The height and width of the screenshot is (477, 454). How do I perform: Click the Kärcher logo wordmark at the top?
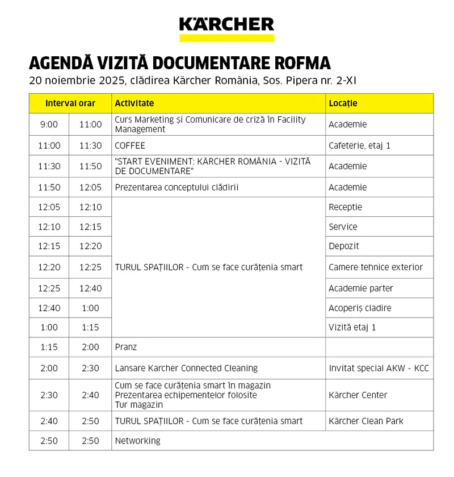tap(226, 24)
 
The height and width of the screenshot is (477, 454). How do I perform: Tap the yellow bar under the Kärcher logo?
tap(226, 38)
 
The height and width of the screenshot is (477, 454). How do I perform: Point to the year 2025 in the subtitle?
tap(96, 81)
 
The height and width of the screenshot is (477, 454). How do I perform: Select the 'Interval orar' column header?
tap(70, 103)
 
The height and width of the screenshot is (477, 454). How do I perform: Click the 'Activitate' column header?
tap(134, 103)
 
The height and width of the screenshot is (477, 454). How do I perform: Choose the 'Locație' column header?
tap(343, 103)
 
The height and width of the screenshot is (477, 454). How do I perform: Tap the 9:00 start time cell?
tap(49, 124)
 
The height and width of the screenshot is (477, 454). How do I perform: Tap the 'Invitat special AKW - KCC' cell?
tap(379, 368)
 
